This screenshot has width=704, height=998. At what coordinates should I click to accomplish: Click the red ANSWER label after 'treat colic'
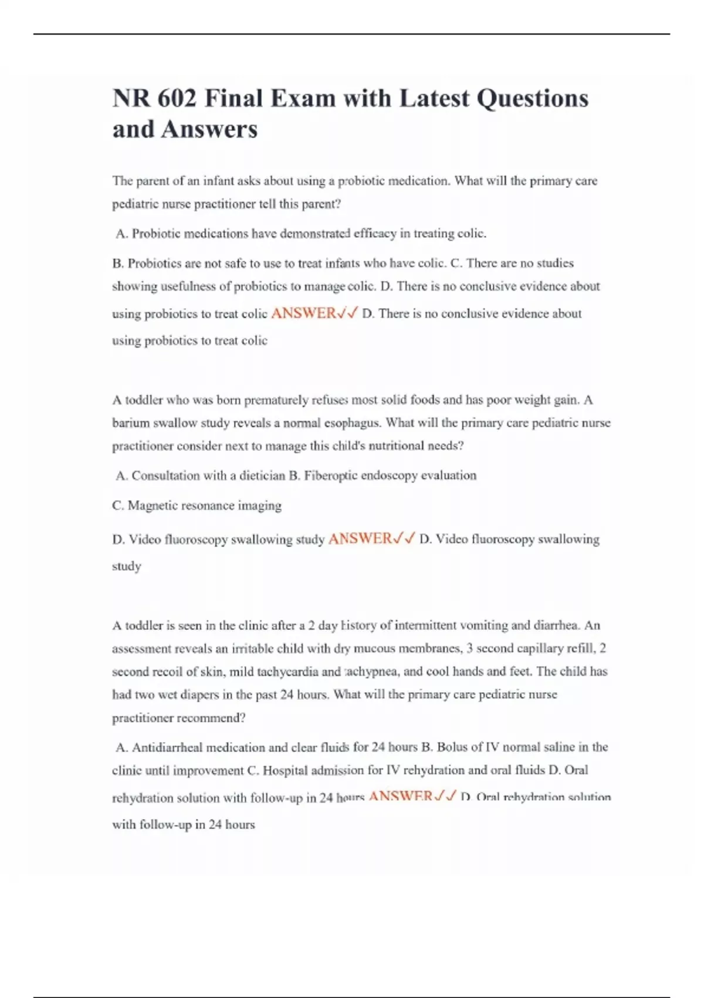click(303, 313)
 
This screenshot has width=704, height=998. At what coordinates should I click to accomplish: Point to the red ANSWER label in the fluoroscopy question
click(360, 539)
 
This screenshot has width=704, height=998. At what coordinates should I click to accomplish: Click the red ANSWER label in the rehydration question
click(401, 797)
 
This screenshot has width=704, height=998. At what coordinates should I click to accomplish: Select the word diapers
click(199, 694)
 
